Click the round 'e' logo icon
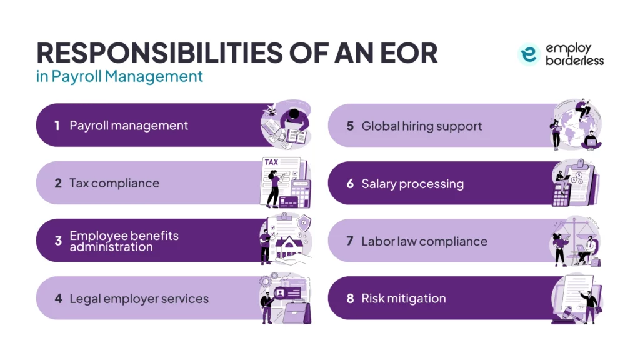click(529, 55)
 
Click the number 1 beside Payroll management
click(57, 126)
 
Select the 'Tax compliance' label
click(114, 183)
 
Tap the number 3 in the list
click(57, 241)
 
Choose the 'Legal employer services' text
click(139, 299)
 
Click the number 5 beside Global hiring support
click(350, 126)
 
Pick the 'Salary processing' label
click(412, 184)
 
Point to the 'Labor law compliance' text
click(424, 241)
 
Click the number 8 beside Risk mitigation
click(350, 299)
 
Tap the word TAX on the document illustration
click(271, 162)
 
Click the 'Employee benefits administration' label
click(124, 241)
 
